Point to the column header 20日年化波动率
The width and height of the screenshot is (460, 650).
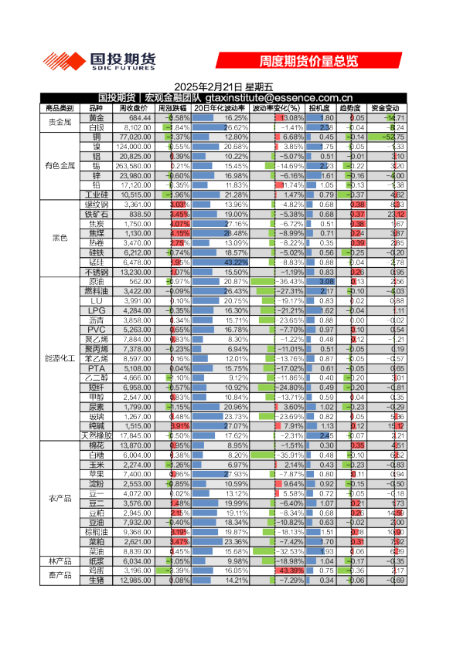click(x=220, y=108)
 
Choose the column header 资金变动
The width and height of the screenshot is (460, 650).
click(x=385, y=108)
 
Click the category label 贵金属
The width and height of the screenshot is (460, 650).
click(x=60, y=122)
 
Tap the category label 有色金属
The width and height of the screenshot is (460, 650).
click(x=60, y=165)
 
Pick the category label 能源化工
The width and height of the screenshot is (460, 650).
click(x=60, y=358)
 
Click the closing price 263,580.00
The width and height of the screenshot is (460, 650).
click(x=133, y=165)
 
